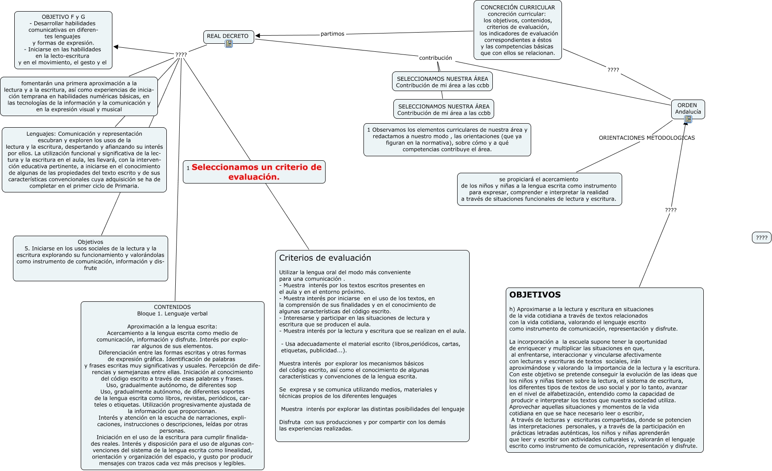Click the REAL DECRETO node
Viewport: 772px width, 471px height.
coord(228,36)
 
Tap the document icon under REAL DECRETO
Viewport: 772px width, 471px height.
coord(229,44)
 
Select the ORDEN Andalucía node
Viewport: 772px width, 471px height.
coord(688,108)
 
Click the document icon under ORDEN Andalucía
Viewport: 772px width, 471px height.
coord(688,119)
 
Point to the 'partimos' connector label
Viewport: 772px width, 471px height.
coord(332,34)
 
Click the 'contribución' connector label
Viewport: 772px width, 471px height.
coord(435,58)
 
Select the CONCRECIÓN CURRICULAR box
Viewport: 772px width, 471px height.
coord(517,30)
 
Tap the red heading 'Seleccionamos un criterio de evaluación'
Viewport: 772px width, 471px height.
coord(256,172)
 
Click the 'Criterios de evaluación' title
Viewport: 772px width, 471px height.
coord(325,258)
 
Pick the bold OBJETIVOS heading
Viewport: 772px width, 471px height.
coord(535,295)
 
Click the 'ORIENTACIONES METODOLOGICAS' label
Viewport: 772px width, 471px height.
coord(646,138)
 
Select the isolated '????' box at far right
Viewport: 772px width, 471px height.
coord(761,238)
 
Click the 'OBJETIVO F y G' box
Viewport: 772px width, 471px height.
coord(63,40)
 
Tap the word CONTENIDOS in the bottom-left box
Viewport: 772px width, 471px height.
coord(172,307)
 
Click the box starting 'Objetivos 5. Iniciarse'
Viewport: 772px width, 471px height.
coord(91,258)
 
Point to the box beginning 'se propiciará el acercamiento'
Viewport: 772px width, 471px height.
coord(539,189)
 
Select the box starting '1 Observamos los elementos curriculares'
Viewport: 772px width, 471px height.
coord(447,140)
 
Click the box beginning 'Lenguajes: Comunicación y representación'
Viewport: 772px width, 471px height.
coord(84,160)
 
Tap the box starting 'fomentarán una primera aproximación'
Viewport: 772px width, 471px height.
coord(79,96)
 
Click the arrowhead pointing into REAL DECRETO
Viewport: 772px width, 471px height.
coord(258,36)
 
